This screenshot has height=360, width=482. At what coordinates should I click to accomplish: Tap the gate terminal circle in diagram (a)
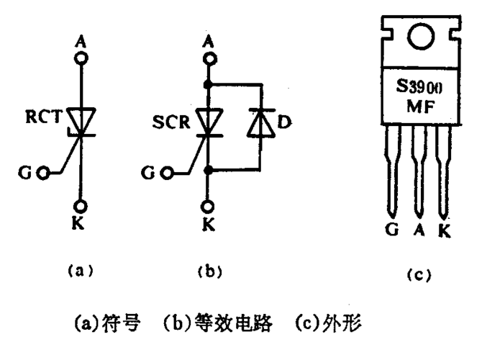(x=45, y=174)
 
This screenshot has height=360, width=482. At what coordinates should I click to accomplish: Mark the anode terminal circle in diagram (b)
(x=209, y=55)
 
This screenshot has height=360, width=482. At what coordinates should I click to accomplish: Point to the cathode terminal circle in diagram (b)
(x=209, y=204)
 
